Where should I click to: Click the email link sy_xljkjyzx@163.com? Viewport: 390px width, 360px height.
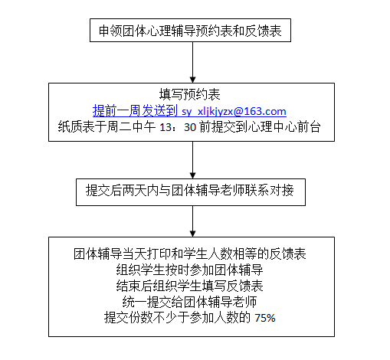click(234, 111)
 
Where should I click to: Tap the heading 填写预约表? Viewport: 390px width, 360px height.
click(190, 95)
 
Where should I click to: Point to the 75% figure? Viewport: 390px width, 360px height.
click(265, 318)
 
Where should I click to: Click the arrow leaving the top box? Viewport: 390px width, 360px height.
click(193, 62)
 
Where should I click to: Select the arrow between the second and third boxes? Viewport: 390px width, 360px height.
click(193, 160)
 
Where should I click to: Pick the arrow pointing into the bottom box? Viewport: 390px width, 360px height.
click(193, 221)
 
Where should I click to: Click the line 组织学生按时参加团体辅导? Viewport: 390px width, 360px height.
click(189, 270)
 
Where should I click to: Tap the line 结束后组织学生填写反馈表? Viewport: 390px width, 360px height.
click(189, 286)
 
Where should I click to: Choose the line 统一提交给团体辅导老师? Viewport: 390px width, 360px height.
click(189, 302)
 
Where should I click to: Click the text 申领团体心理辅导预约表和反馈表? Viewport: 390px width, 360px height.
click(190, 31)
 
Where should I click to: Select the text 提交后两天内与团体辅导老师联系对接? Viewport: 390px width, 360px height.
click(190, 190)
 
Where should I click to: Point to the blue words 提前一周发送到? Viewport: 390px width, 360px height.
click(136, 111)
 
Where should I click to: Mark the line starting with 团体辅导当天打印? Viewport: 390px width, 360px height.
click(190, 254)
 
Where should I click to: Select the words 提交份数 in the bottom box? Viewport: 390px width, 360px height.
click(129, 318)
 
